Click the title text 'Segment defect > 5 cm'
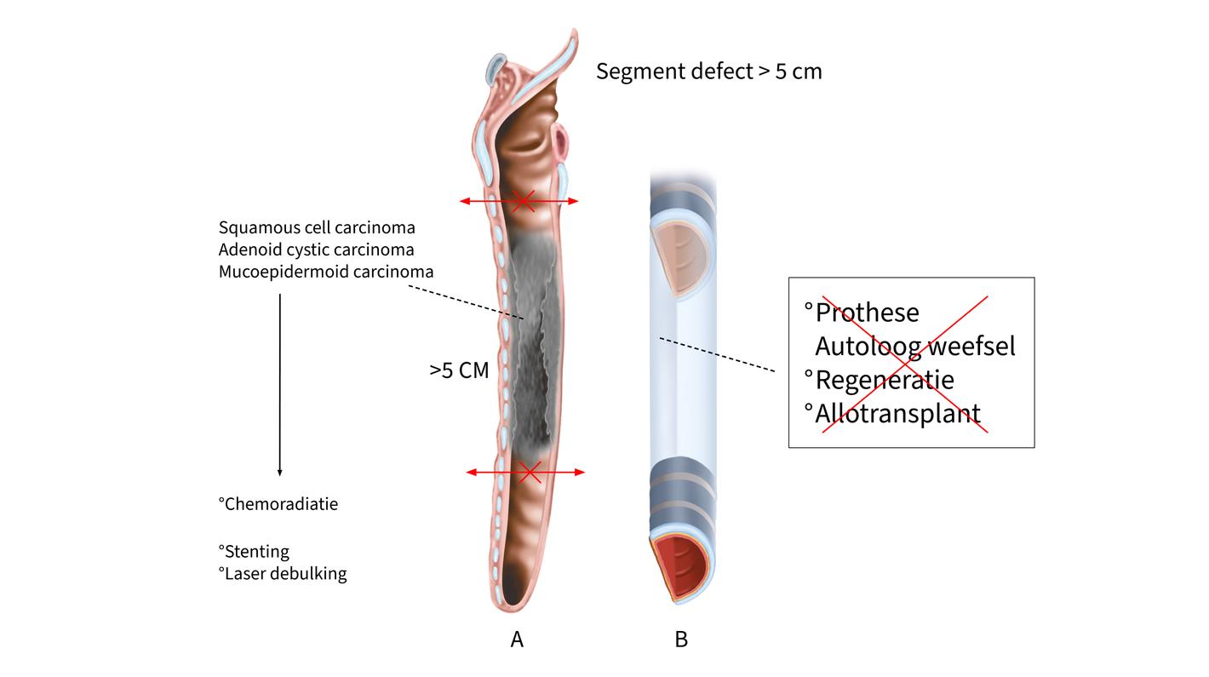708,72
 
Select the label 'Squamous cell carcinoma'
317,227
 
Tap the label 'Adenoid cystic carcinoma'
316,250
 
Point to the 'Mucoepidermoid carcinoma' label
326,272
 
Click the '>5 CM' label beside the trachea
459,370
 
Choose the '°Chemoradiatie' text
278,503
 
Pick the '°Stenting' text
254,551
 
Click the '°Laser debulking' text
283,573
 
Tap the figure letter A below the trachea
517,640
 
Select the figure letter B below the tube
681,640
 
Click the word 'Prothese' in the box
867,313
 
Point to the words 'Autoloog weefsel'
915,346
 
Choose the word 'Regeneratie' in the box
884,379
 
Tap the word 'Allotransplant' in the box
897,413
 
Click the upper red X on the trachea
523,201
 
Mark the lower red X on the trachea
530,471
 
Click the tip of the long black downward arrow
279,473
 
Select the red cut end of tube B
681,566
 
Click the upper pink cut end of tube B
679,255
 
